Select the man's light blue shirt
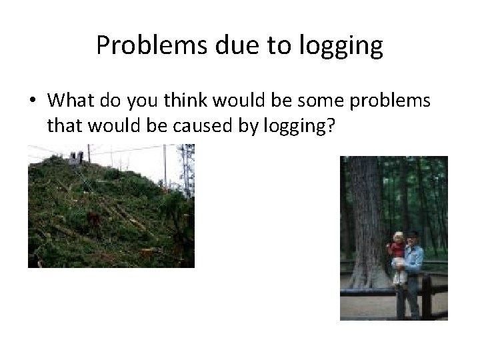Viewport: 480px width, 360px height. (x=415, y=256)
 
